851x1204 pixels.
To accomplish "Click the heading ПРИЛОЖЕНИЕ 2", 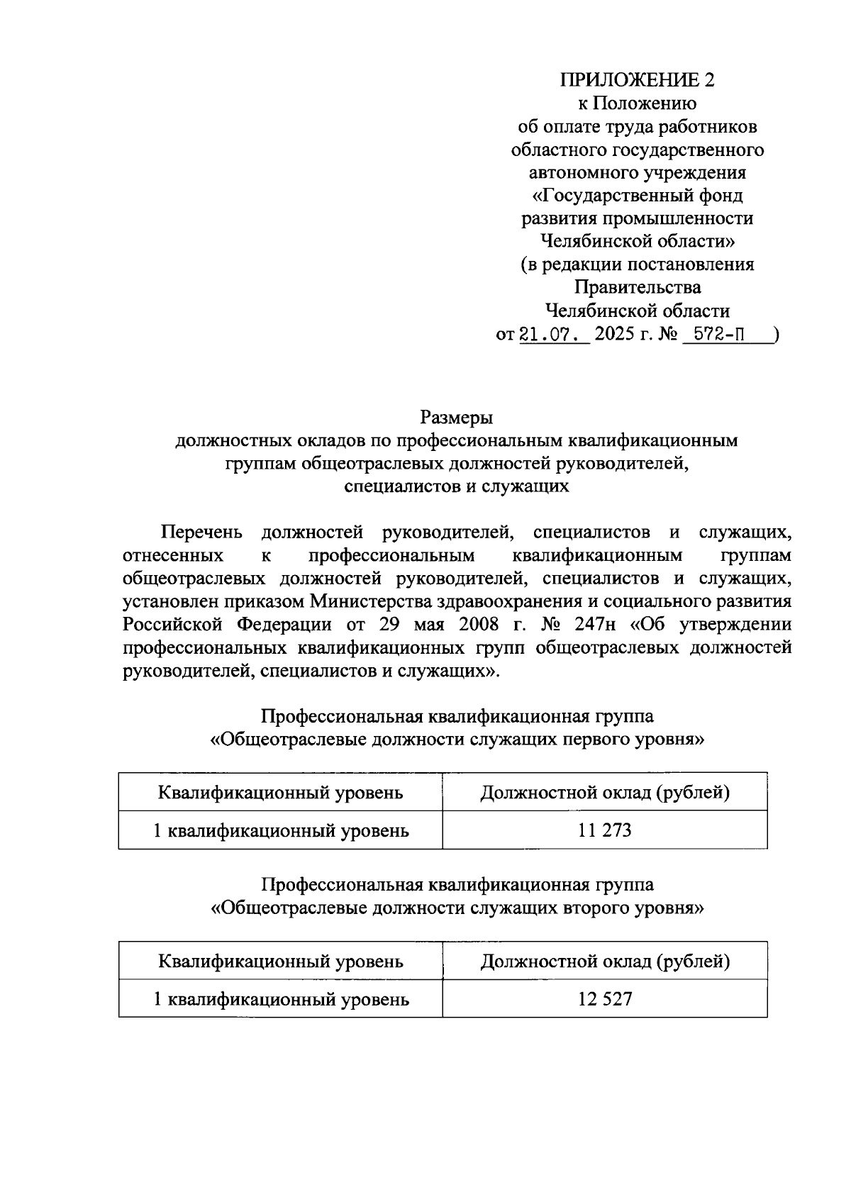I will (x=638, y=79).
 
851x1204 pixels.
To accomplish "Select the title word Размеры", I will (x=456, y=417).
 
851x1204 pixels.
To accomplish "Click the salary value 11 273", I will (x=604, y=830).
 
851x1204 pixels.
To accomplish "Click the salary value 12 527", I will (x=604, y=999).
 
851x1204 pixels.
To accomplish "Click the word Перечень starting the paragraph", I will (x=202, y=532).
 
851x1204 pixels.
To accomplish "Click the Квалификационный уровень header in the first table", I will (x=281, y=792).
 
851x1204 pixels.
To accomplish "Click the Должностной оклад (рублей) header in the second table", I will (x=605, y=961).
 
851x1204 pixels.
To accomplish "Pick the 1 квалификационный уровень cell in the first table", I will (x=281, y=830).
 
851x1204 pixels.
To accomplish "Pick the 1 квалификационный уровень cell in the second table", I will (x=281, y=999).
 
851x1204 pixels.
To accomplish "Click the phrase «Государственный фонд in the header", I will (x=637, y=195).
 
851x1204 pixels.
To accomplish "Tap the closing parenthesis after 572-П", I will (x=777, y=333).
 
